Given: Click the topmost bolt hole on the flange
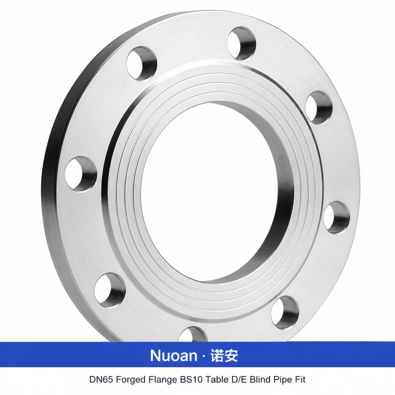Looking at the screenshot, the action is [241, 43].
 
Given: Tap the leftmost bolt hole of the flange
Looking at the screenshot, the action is [81, 174].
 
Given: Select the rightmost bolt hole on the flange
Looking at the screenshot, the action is [336, 218].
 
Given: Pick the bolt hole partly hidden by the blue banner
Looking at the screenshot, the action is [192, 334].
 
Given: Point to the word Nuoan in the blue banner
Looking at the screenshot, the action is [174, 355].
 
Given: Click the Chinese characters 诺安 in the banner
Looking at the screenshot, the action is [224, 355].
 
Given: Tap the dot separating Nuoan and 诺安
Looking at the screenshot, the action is [204, 356].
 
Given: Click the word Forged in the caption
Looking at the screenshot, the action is [130, 380].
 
